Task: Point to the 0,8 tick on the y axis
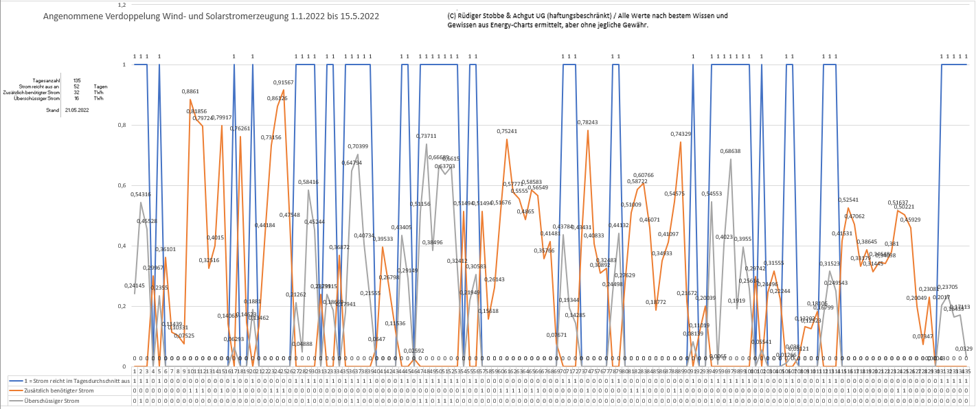[124, 125]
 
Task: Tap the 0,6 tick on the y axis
[124, 185]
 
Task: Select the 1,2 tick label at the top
[124, 4]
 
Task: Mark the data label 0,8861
[190, 91]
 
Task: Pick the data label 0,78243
[588, 122]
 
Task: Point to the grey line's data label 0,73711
[427, 136]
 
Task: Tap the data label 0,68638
[730, 151]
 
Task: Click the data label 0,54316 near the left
[141, 194]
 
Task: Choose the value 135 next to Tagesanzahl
[77, 81]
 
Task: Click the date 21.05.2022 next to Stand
[77, 110]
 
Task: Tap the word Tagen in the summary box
[101, 86]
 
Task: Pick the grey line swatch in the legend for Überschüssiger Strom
[16, 400]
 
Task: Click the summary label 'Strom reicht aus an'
[35, 86]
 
